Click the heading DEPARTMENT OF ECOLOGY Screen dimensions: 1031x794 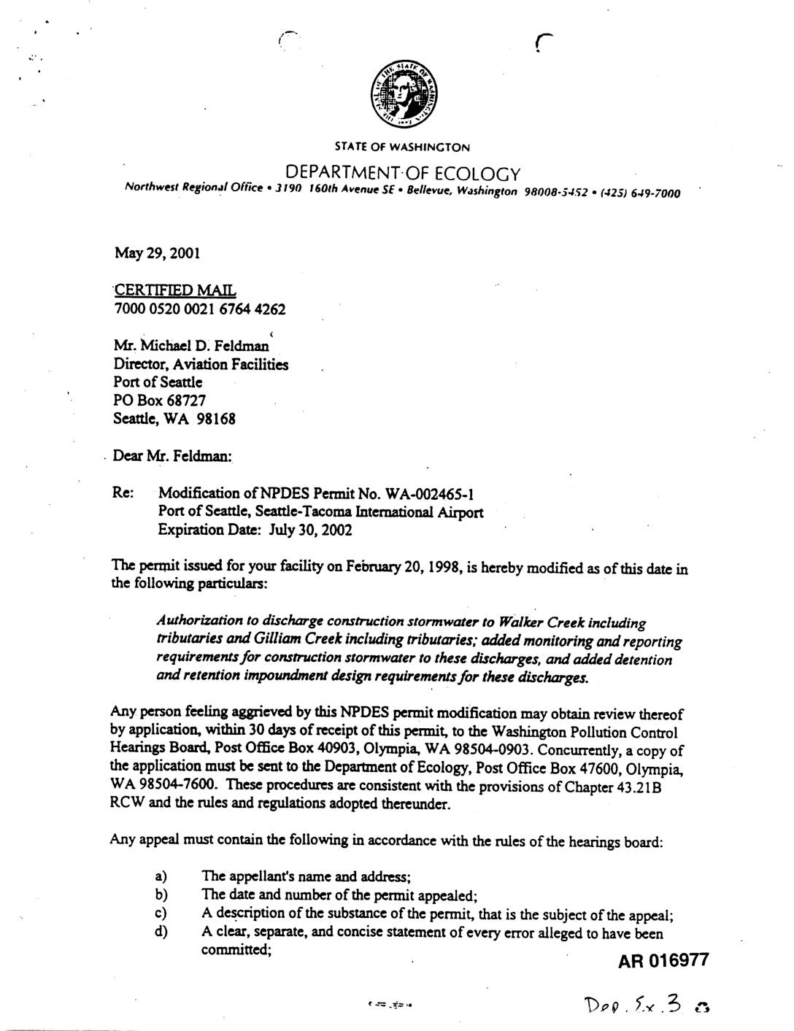(x=402, y=174)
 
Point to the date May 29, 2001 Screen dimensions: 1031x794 (x=157, y=253)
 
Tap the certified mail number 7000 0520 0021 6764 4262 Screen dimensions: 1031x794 (x=200, y=309)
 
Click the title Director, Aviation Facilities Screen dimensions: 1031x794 (x=201, y=364)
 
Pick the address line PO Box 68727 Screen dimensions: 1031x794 (x=159, y=400)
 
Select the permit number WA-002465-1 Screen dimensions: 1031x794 (x=433, y=494)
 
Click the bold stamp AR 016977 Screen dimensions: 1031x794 (x=663, y=960)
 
